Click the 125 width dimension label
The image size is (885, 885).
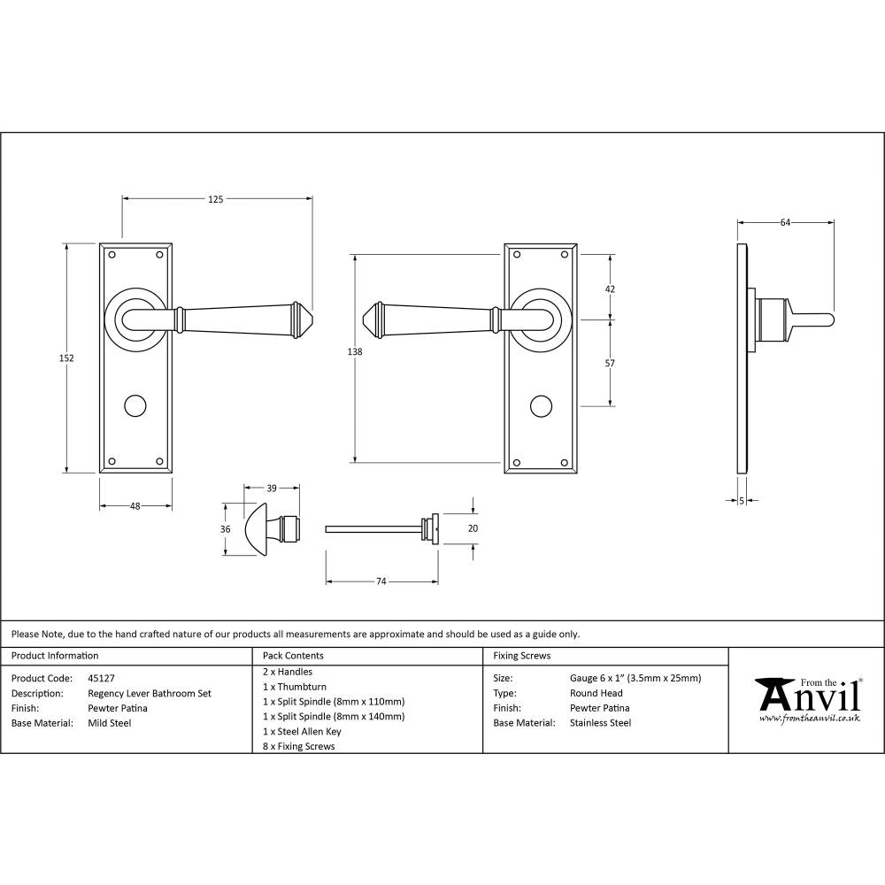coord(215,199)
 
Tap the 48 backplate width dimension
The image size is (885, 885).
coord(135,506)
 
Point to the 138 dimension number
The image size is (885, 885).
coord(356,352)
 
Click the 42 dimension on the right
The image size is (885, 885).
coord(610,289)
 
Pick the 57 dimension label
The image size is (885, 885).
coord(610,363)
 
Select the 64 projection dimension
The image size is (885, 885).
coord(785,223)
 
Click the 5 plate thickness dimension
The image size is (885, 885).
coord(741,501)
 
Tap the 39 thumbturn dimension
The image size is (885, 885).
coord(272,488)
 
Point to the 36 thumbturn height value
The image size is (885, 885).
coord(226,529)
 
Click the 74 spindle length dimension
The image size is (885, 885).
coord(381,581)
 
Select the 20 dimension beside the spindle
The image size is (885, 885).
coord(473,528)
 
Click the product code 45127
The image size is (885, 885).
coord(102,678)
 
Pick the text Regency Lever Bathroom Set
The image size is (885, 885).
coord(150,693)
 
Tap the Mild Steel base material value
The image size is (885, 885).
coord(110,723)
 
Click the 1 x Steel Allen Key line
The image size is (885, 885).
coord(302,731)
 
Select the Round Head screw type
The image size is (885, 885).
coord(596,693)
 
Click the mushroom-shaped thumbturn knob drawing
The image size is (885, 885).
coord(257,529)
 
